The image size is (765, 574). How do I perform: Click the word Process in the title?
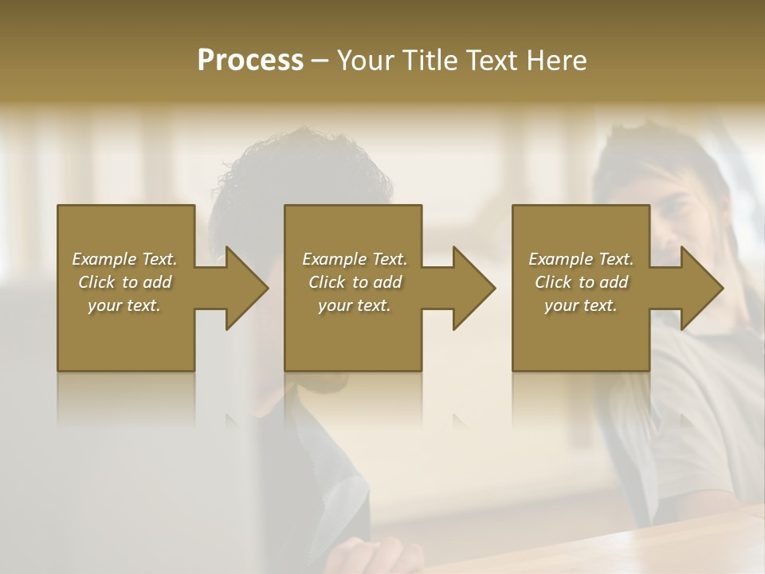coord(250,61)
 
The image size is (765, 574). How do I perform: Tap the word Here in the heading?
coord(556,61)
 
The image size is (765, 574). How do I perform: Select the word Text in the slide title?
coord(493,61)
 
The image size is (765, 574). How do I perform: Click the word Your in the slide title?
coord(365,61)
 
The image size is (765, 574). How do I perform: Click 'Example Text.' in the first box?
coord(124,259)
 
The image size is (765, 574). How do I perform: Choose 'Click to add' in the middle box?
coord(355,282)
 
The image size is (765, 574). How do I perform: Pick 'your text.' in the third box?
coord(581,305)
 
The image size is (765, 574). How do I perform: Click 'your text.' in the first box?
coord(124,305)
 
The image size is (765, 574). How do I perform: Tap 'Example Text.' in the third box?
coord(581,259)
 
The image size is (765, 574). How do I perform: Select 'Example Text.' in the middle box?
coord(355,259)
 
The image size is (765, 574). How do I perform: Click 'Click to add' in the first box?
coord(124,282)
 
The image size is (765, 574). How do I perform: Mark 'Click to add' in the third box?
coord(581,282)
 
